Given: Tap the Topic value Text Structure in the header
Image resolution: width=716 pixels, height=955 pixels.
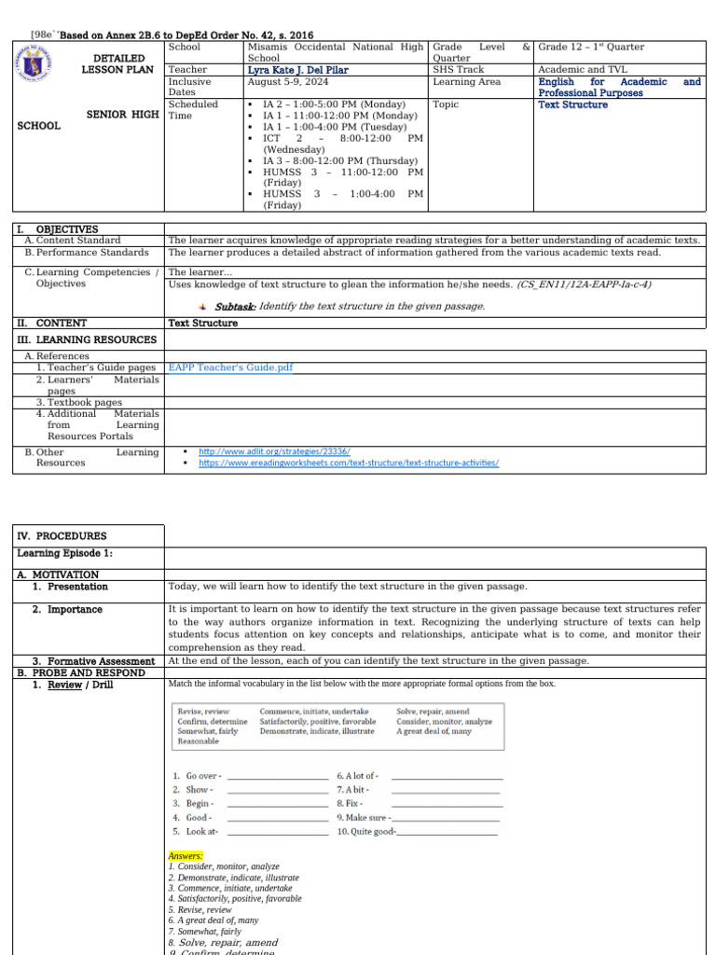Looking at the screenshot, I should [x=572, y=104].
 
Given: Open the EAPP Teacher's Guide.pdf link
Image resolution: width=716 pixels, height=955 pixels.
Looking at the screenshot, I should [x=230, y=367].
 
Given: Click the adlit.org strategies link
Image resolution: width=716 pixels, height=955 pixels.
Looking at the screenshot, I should [x=274, y=451].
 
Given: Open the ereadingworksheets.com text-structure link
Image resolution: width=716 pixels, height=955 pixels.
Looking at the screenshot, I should [x=349, y=463].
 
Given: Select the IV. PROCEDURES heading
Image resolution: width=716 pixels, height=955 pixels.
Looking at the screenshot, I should [x=62, y=536].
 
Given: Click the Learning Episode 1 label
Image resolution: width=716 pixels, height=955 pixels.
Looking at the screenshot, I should [x=64, y=554].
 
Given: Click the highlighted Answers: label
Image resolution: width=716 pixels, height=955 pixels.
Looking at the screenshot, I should [x=186, y=856].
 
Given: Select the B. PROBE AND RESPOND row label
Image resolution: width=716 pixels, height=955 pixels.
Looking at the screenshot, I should [x=81, y=672].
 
